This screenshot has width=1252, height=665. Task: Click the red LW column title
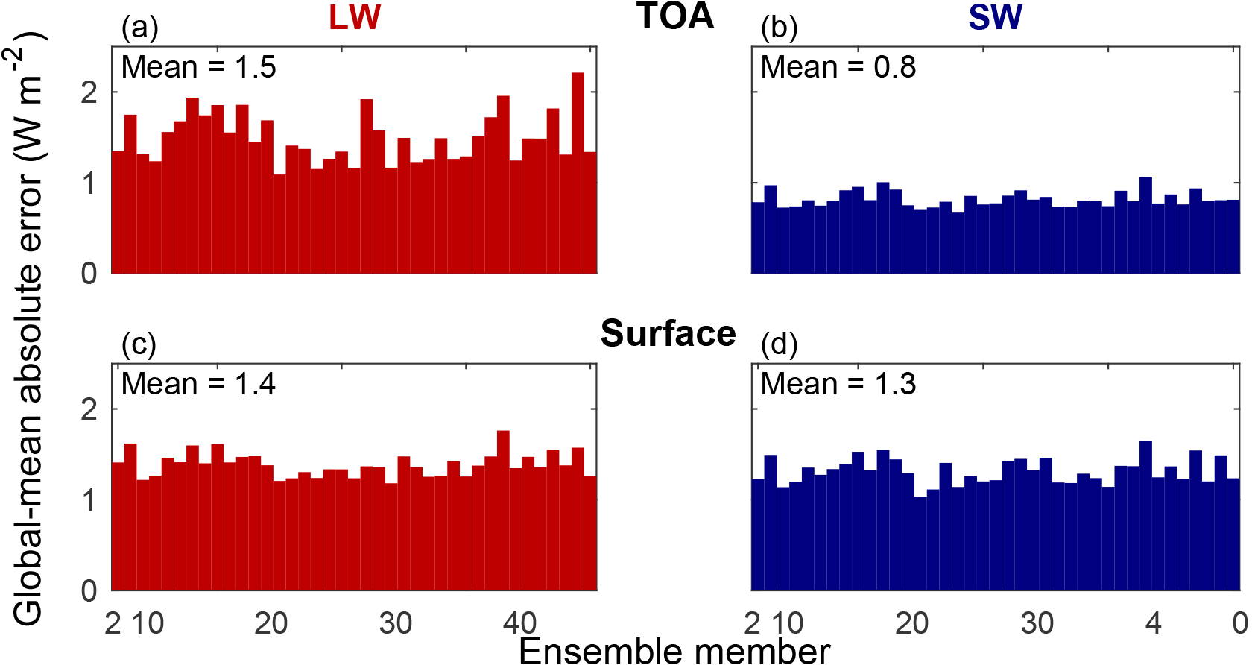(355, 18)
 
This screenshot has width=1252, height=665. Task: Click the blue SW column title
(995, 18)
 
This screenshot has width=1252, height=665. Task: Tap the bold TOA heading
(675, 16)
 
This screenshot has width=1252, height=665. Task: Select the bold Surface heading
(668, 333)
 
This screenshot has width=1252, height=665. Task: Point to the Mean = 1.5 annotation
(198, 67)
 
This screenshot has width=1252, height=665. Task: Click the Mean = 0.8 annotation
(838, 67)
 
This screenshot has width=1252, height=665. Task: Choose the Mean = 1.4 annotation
(198, 384)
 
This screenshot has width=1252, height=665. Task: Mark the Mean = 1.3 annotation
(838, 384)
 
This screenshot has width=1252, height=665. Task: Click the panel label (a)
(139, 28)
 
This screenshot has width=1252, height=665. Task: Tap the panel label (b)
(779, 28)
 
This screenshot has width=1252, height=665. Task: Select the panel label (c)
(139, 344)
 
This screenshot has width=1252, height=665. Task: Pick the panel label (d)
(779, 344)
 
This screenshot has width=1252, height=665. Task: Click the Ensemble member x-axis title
(674, 651)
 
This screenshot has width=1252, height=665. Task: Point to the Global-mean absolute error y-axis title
(28, 328)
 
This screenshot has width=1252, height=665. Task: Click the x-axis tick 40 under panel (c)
(519, 623)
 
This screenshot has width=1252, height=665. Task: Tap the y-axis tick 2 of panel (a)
(89, 92)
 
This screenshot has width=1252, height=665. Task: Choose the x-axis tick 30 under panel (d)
(1037, 623)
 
